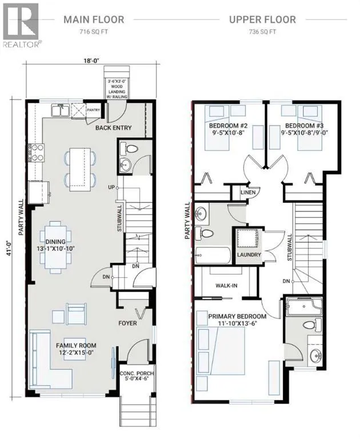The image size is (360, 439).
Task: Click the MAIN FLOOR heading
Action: pyautogui.click(x=94, y=19)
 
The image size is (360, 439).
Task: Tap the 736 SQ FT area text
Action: pyautogui.click(x=262, y=31)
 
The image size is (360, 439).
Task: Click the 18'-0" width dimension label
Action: pyautogui.click(x=92, y=60)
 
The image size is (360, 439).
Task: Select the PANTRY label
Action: pyautogui.click(x=93, y=110)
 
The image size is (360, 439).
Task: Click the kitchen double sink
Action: pyautogui.click(x=60, y=110)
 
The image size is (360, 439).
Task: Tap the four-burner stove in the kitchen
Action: pyautogui.click(x=37, y=153)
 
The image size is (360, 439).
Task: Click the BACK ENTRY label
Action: pyautogui.click(x=113, y=127)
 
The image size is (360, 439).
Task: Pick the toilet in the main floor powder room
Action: pyautogui.click(x=129, y=149)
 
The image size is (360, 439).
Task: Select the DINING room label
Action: pyautogui.click(x=55, y=241)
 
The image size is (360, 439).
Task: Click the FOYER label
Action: pyautogui.click(x=127, y=323)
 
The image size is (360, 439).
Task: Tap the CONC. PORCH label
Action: pyautogui.click(x=137, y=373)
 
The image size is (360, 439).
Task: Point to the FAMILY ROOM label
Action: pyautogui.click(x=76, y=345)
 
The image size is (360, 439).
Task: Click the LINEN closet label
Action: pyautogui.click(x=248, y=192)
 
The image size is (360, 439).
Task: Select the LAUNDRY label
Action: pyautogui.click(x=249, y=255)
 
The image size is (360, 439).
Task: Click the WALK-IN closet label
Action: pyautogui.click(x=226, y=286)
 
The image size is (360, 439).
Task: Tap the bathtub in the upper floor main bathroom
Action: pyautogui.click(x=213, y=255)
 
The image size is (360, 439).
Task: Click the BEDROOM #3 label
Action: pyautogui.click(x=305, y=126)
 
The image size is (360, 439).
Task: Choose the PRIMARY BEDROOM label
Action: pyautogui.click(x=237, y=316)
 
